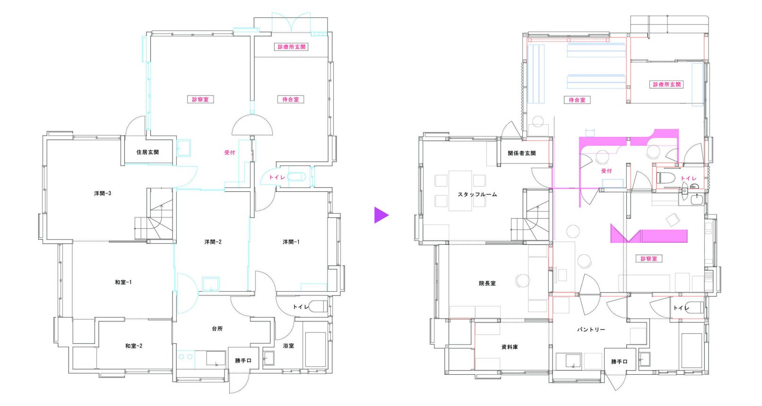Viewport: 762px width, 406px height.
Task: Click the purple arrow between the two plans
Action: tap(381, 215)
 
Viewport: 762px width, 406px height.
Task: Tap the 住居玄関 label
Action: tap(147, 152)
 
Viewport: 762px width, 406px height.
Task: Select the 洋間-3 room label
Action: tap(103, 193)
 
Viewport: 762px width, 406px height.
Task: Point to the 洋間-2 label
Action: tap(213, 242)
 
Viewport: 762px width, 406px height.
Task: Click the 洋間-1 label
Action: tap(291, 242)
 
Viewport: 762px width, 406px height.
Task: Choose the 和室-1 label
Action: tap(123, 282)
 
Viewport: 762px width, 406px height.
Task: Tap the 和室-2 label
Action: tap(134, 346)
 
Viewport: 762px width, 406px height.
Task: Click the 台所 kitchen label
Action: tap(217, 328)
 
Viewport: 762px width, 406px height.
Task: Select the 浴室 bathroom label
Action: tap(288, 346)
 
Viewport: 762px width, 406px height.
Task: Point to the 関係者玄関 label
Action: tap(522, 153)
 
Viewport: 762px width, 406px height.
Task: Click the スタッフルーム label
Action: tap(477, 195)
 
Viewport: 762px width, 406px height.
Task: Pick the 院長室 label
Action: tap(487, 283)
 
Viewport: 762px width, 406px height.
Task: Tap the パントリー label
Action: tap(591, 329)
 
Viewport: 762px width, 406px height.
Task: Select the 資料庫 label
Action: tap(510, 347)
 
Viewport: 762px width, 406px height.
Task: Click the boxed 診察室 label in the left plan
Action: tap(200, 99)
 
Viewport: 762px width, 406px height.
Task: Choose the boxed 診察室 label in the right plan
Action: tap(649, 259)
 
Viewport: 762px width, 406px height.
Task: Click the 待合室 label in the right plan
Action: tap(577, 100)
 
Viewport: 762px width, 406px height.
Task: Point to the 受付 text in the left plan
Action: tap(230, 153)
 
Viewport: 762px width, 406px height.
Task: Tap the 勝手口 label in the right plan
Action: tap(619, 362)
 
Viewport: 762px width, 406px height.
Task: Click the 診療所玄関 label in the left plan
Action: tap(291, 47)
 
